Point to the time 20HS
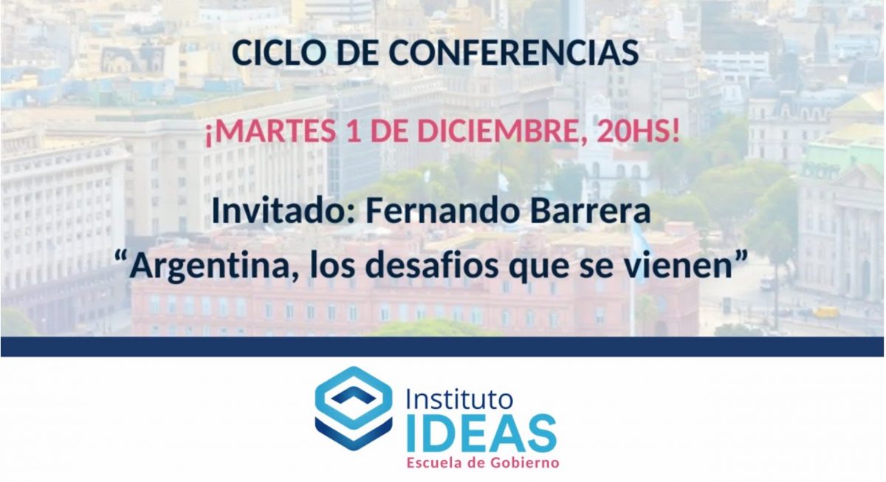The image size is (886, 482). tap(632, 131)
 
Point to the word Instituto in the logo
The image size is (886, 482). tap(459, 399)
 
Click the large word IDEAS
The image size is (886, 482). tap(481, 434)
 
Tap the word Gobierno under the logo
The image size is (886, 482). tap(525, 463)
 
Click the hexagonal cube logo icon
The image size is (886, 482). tap(354, 408)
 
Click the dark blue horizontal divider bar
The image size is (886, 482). tap(442, 347)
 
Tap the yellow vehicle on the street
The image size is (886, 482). tap(826, 313)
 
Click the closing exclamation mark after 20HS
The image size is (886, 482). tap(675, 131)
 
